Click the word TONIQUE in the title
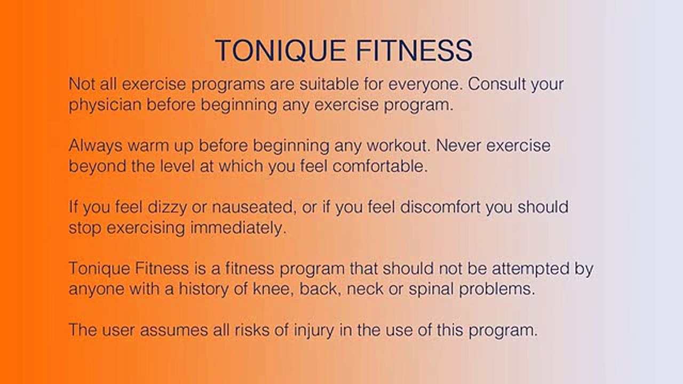[x=280, y=51]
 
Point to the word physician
[x=105, y=105]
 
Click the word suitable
[x=329, y=84]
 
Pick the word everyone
[x=424, y=85]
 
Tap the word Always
[x=96, y=146]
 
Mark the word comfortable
[x=380, y=166]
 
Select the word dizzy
[x=167, y=207]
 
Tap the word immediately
[x=238, y=228]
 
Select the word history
[x=203, y=289]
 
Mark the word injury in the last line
[x=314, y=331]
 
